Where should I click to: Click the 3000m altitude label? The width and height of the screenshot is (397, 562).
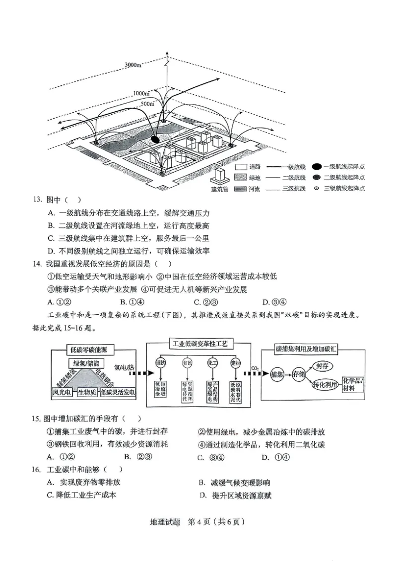(133, 65)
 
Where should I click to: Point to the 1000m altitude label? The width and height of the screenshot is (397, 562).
(141, 93)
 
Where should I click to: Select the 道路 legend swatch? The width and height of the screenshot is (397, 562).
(241, 168)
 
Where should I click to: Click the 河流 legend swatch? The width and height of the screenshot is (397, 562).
(241, 189)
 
